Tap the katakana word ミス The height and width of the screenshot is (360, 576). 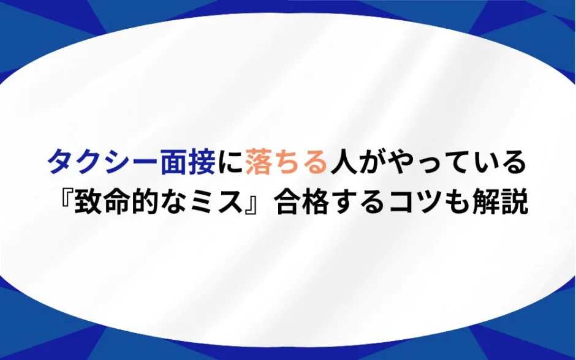tap(217, 202)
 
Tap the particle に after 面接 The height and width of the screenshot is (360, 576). tap(230, 163)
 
